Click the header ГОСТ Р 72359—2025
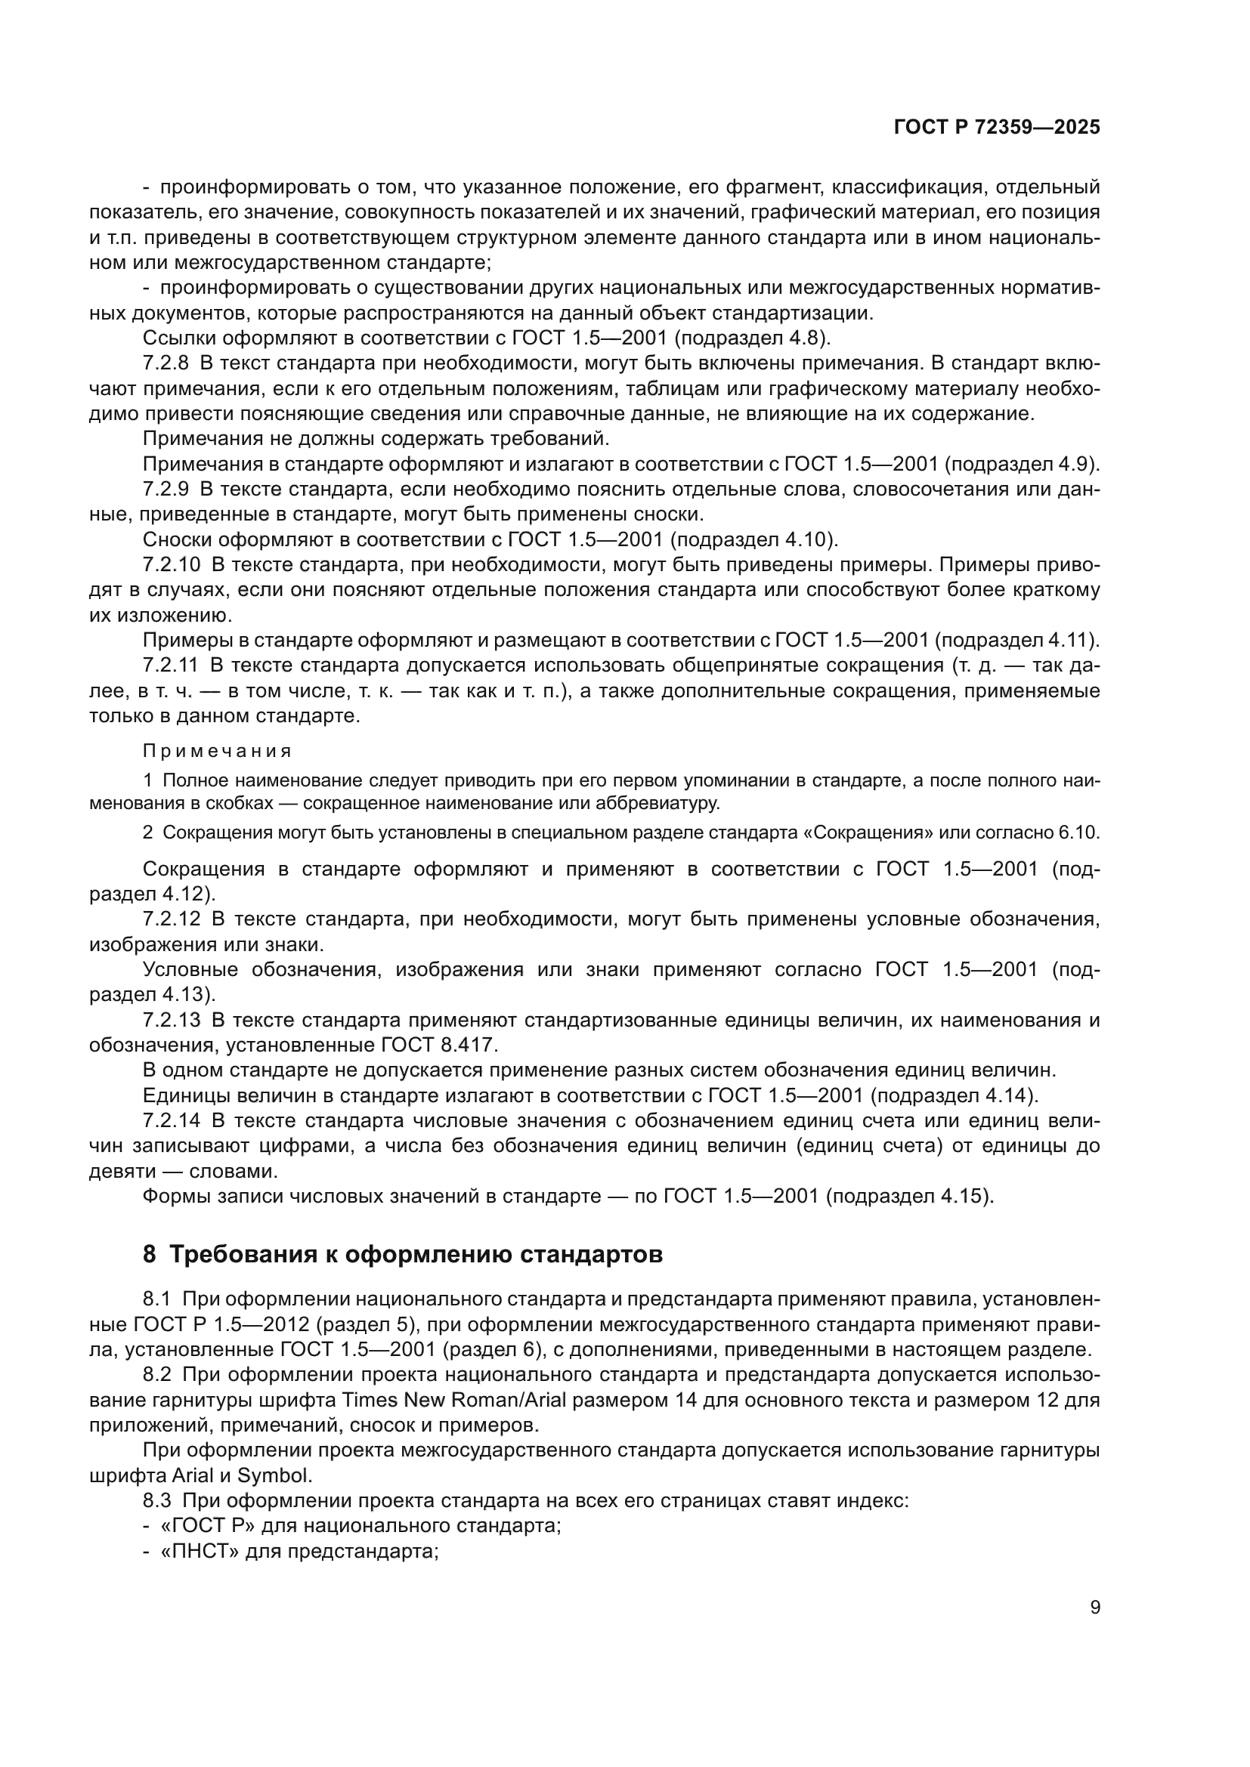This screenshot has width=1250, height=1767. (x=997, y=127)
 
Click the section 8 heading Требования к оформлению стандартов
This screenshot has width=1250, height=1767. (x=403, y=1255)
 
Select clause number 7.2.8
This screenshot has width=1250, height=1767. (x=166, y=363)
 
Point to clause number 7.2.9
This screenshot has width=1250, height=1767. (x=166, y=489)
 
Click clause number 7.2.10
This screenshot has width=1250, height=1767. (x=171, y=565)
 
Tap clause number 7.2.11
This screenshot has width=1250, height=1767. (x=170, y=665)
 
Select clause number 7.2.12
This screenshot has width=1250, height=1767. (x=171, y=919)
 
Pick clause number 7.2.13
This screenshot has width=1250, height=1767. (x=171, y=1020)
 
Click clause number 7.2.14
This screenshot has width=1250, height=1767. (x=171, y=1120)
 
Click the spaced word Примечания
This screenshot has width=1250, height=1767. (x=217, y=751)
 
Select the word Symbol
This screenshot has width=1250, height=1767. (x=275, y=1475)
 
